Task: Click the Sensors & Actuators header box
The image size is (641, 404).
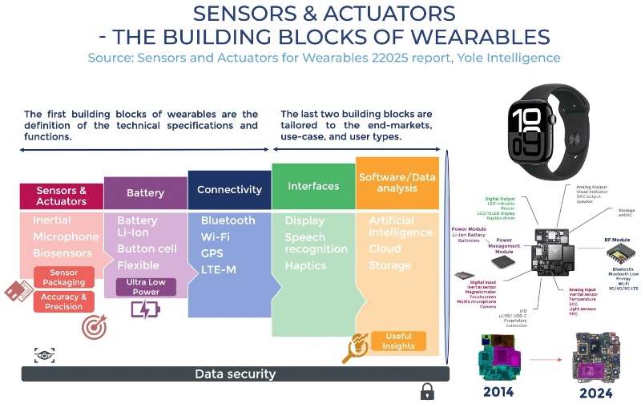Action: pos(61,196)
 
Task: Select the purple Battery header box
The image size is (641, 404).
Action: pos(146,193)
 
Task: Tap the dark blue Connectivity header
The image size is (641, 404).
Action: pos(229,190)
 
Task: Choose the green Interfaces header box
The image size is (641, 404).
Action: pos(313,187)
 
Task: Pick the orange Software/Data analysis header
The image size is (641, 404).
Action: pos(397,183)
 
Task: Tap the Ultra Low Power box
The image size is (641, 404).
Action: pos(146,286)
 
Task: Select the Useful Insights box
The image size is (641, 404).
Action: pos(398,341)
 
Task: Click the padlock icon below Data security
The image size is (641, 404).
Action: pos(427,391)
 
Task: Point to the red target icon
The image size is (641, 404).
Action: pos(94,326)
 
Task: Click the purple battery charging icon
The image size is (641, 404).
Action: pos(145,309)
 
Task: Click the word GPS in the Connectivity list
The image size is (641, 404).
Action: pos(212,253)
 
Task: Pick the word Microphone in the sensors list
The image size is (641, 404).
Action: pos(66,237)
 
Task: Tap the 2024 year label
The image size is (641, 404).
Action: pos(593,393)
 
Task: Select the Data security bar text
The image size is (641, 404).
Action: pos(235,374)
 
